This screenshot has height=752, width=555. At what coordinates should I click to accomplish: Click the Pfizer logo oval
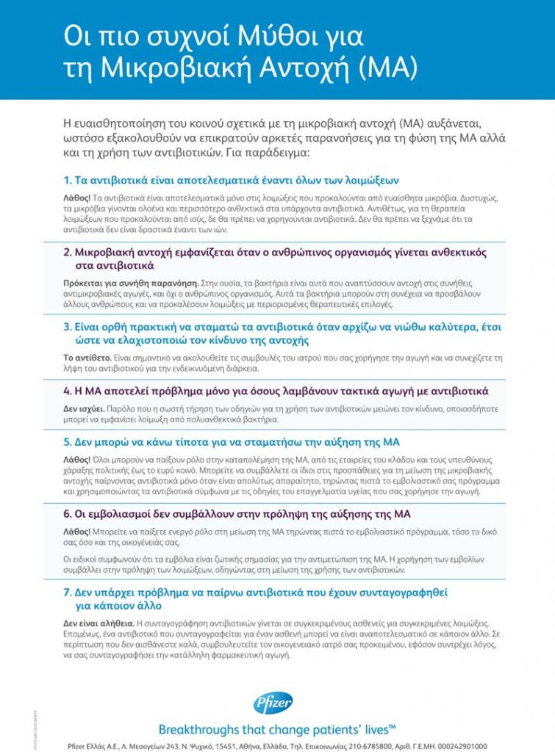coord(273,704)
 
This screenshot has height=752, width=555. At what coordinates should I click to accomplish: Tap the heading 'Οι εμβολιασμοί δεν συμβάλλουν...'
coord(243,513)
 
